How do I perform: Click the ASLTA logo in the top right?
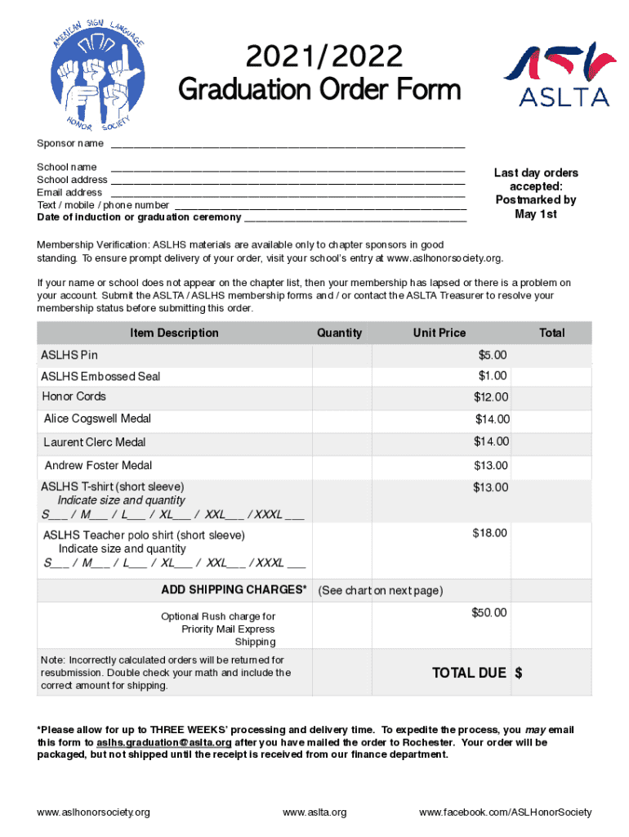point(558,75)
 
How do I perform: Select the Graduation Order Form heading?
point(319,88)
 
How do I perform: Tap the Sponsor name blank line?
point(288,145)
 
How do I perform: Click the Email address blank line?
point(287,193)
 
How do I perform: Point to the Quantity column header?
point(339,333)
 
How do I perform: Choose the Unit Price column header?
point(439,333)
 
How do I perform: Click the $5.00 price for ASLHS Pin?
point(493,355)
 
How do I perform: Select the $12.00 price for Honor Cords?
point(491,397)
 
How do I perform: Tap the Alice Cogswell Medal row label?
point(97,418)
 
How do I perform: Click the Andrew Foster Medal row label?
point(98,466)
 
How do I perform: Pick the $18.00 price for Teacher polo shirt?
point(489,533)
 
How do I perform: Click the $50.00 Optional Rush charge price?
point(488,613)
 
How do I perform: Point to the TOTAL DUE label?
point(469,673)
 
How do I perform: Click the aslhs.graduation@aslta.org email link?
point(164,742)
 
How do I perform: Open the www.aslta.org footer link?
point(314,812)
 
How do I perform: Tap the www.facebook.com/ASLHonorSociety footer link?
point(505,812)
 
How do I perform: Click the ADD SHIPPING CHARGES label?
point(234,590)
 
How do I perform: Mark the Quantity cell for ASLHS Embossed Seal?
point(341,376)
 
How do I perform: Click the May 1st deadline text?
point(536,213)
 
